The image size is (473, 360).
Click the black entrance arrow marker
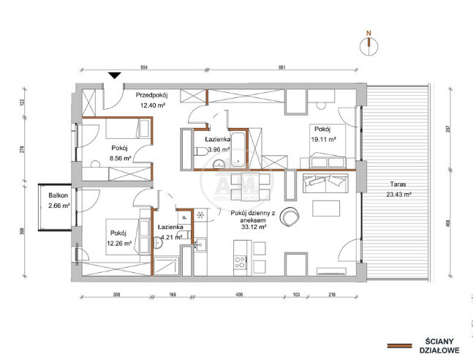[115, 75]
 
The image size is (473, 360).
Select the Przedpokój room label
[151, 95]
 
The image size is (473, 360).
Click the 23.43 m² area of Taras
[399, 195]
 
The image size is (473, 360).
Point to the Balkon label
[58, 195]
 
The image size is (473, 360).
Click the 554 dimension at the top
[144, 67]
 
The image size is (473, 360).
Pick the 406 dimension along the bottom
[238, 294]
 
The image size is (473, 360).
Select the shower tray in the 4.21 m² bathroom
[167, 266]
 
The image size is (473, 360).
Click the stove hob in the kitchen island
[241, 262]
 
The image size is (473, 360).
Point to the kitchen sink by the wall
[200, 244]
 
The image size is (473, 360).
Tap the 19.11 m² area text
[324, 139]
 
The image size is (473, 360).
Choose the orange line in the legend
[399, 346]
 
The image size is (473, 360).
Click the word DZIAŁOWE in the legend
[439, 350]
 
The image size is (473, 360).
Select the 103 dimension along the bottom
[296, 294]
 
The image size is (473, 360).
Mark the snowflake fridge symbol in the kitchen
[200, 214]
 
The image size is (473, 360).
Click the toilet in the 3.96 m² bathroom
[200, 151]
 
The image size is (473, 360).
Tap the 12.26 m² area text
[119, 244]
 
